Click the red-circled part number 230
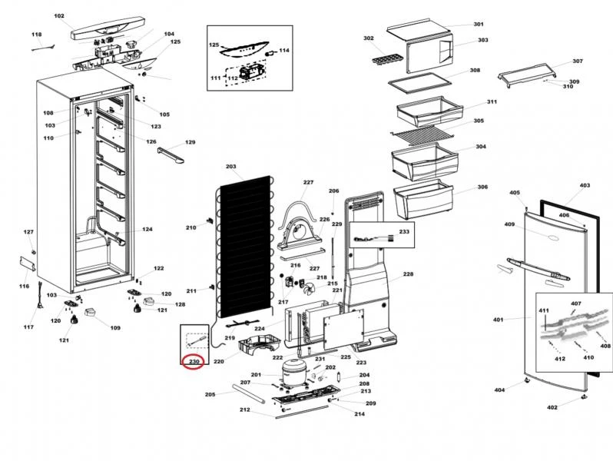194,361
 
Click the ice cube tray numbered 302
383,56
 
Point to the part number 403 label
585,186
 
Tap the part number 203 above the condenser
230,167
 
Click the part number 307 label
578,61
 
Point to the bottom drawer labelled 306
422,199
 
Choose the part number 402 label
552,407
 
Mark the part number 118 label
37,35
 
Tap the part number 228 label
408,274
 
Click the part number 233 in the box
404,231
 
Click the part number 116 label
24,286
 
